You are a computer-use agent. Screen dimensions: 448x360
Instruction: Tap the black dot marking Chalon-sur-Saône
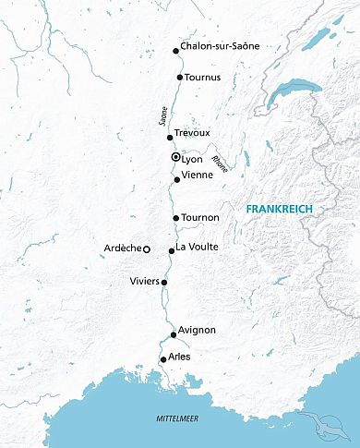tap(176, 51)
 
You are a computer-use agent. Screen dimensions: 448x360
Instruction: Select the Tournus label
tap(205, 78)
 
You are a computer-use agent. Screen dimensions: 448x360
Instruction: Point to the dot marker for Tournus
tap(180, 78)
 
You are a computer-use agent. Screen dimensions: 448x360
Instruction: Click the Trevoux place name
tap(192, 134)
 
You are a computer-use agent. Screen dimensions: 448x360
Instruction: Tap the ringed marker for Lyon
tap(175, 158)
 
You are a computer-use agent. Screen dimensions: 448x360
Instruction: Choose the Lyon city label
tap(192, 159)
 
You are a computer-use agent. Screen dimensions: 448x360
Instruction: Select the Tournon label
tap(201, 217)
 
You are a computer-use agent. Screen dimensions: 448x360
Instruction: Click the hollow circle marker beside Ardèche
tap(146, 248)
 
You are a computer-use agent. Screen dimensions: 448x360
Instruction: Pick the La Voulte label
tap(197, 246)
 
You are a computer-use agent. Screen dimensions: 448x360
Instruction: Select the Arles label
tap(180, 355)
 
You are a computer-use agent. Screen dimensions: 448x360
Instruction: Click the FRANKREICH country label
tap(280, 210)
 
